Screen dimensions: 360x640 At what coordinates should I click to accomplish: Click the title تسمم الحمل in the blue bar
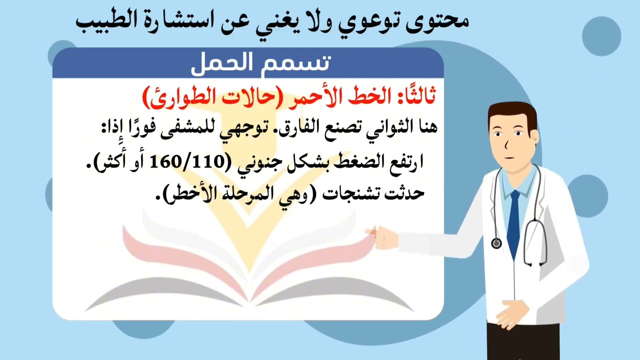click(260, 63)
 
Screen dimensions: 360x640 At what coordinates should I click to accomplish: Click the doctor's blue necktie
click(513, 225)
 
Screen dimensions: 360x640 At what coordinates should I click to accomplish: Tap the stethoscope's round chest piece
click(496, 243)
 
